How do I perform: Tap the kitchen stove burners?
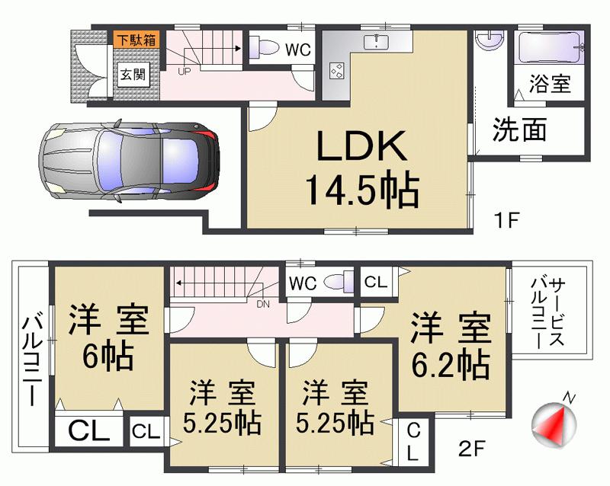(x=335, y=71)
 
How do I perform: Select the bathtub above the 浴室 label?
(x=549, y=50)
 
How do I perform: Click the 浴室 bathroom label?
(x=551, y=84)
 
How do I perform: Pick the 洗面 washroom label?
(x=518, y=130)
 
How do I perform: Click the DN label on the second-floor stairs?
(x=263, y=305)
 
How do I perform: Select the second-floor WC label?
(x=303, y=283)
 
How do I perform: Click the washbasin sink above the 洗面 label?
(x=485, y=38)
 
